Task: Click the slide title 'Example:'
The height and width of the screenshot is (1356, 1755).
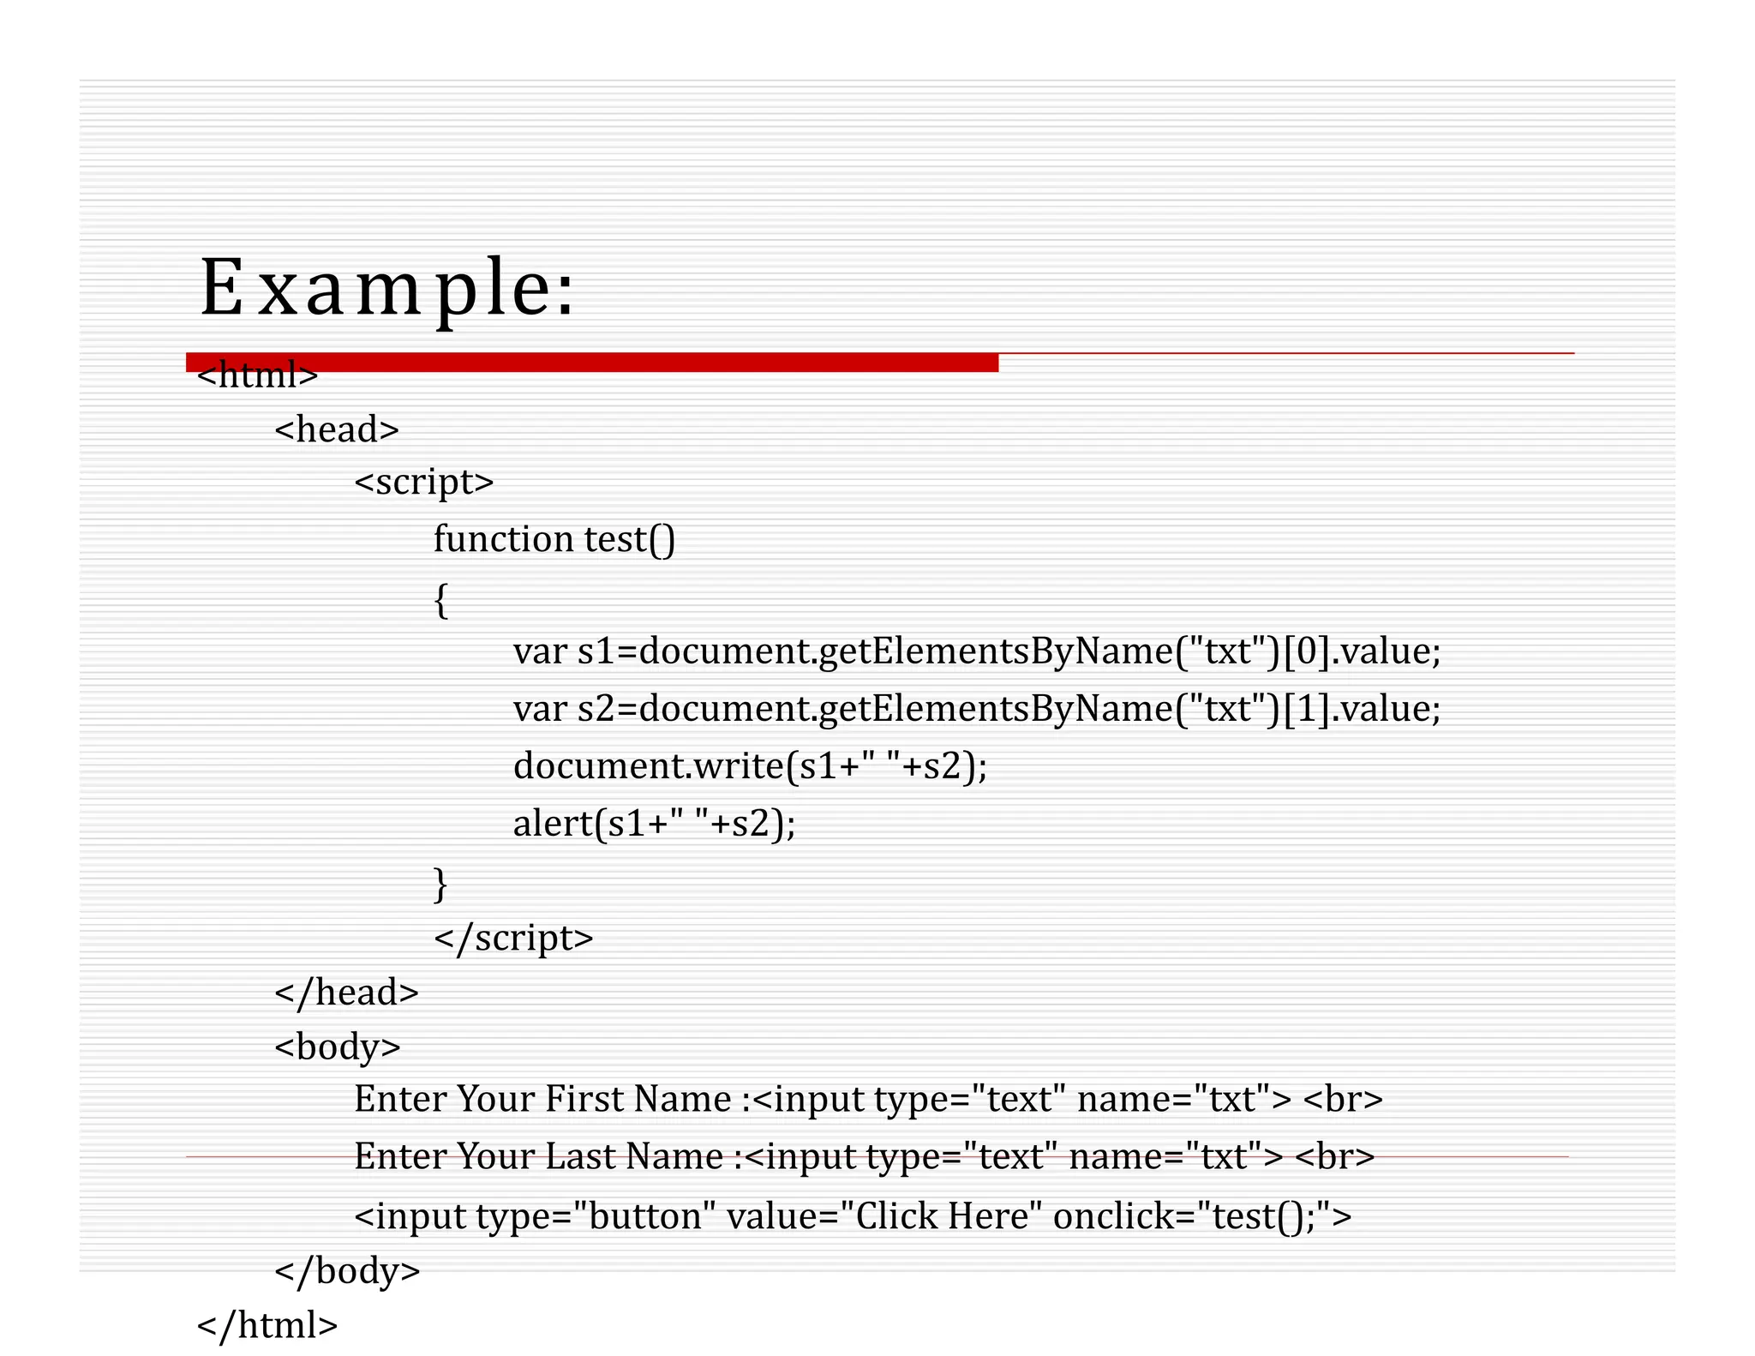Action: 387,288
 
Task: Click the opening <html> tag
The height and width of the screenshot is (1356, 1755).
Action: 257,375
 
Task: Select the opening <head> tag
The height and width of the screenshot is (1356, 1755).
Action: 337,429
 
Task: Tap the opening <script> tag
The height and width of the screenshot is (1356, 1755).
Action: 424,483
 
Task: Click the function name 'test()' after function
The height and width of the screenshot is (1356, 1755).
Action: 630,539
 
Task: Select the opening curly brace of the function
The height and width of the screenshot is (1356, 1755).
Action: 440,600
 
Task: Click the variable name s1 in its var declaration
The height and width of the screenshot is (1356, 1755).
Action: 596,651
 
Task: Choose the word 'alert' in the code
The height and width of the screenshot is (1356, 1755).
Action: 553,824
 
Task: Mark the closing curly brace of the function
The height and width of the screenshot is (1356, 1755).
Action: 440,883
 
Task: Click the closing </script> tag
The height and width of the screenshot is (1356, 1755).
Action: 513,938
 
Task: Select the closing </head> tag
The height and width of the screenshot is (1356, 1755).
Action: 346,993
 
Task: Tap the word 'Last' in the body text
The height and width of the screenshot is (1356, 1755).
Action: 582,1156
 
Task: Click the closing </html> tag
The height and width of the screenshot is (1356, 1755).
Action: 267,1325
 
